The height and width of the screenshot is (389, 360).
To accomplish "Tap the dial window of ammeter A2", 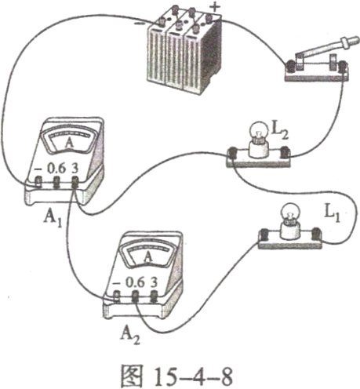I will click(x=144, y=256).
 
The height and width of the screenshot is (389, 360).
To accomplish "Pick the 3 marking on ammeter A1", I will click(x=75, y=168).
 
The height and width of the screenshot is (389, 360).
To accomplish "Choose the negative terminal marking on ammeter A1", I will click(x=36, y=168).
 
